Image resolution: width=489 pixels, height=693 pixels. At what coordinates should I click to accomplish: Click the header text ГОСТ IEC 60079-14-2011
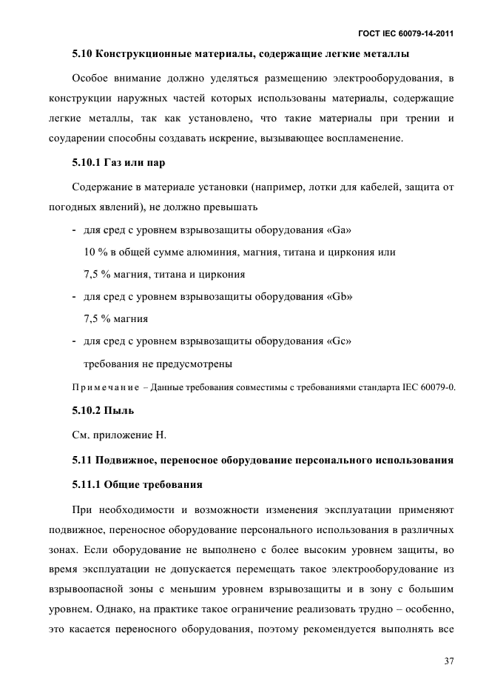point(405,34)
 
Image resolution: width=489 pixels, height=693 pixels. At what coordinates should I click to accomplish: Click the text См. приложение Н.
point(119,435)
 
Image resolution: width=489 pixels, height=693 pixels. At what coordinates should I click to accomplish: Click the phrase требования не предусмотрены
point(158,364)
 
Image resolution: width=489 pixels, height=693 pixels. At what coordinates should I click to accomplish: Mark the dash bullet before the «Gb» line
point(75,297)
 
